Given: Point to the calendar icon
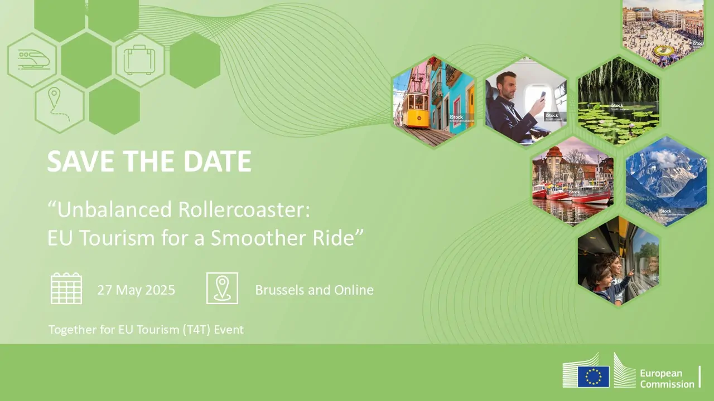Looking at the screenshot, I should point(66,288).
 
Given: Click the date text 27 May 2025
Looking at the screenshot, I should point(136,290).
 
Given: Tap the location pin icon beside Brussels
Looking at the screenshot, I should point(222,288).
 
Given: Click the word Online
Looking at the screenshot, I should point(354,290).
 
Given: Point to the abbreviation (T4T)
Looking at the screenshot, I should point(205,329).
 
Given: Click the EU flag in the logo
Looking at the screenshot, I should point(594,376).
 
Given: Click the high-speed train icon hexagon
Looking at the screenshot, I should point(32,60).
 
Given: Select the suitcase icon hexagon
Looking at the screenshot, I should point(139,60).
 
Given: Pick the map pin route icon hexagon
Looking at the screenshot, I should point(59,106).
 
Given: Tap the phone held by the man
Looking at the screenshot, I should point(542,96).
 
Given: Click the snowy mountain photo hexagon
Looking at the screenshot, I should point(665,181).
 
